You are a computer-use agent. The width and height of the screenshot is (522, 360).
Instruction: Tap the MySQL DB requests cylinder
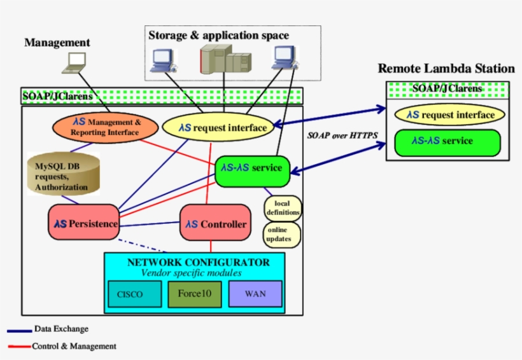click(x=63, y=174)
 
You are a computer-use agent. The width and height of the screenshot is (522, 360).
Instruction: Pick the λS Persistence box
click(x=85, y=224)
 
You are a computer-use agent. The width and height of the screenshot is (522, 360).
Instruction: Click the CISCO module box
click(x=130, y=294)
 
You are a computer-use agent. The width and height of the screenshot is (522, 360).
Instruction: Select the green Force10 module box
click(x=195, y=294)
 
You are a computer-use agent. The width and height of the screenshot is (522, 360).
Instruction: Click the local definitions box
click(x=282, y=207)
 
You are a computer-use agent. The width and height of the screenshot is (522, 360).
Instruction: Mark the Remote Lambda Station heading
click(x=446, y=69)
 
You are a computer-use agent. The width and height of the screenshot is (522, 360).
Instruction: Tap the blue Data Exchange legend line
click(x=19, y=330)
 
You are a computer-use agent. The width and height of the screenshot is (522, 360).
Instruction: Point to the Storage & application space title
click(x=218, y=36)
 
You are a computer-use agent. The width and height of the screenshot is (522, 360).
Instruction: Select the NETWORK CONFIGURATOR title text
click(x=198, y=262)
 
